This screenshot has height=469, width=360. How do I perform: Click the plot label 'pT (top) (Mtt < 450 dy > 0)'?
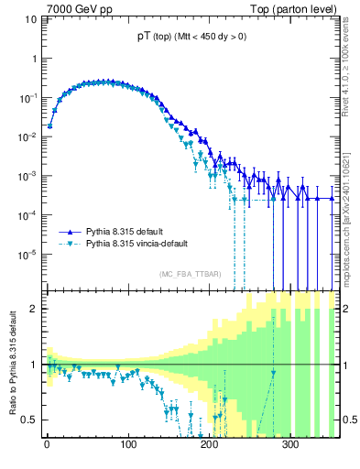(x=187, y=37)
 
